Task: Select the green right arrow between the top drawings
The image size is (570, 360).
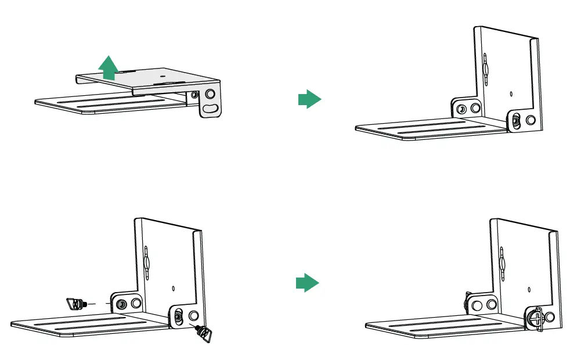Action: click(309, 99)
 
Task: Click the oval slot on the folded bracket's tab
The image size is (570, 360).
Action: click(212, 109)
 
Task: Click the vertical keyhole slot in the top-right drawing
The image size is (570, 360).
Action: click(485, 69)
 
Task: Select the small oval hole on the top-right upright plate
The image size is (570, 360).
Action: click(511, 93)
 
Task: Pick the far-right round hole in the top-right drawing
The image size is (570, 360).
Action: click(530, 120)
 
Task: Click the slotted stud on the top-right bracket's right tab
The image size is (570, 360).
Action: click(515, 121)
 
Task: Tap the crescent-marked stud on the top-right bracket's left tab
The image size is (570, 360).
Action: click(461, 109)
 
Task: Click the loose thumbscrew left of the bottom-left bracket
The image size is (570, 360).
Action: click(76, 303)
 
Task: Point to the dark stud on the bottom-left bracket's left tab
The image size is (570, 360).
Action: click(121, 304)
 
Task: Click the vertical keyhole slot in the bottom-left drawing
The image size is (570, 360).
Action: click(147, 260)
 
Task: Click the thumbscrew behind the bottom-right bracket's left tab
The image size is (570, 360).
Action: click(467, 301)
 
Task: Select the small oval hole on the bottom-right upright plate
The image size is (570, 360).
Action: click(528, 289)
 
